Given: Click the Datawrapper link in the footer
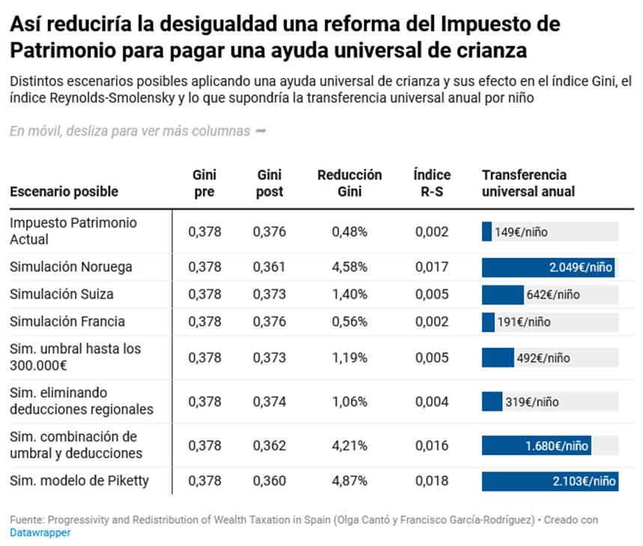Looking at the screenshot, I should pyautogui.click(x=40, y=533).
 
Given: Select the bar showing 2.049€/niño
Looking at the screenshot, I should pyautogui.click(x=548, y=267).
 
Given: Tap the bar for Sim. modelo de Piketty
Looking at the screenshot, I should pyautogui.click(x=549, y=481).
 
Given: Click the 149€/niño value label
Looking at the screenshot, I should pyautogui.click(x=521, y=232).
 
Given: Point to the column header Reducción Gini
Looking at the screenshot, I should pyautogui.click(x=350, y=183).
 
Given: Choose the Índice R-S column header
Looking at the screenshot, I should pyautogui.click(x=432, y=183).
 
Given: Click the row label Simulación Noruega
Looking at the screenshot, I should pyautogui.click(x=71, y=267).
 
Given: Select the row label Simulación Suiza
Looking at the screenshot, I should pyautogui.click(x=61, y=294).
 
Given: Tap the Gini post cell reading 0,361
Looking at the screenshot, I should pyautogui.click(x=269, y=267).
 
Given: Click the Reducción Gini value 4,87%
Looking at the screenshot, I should pyautogui.click(x=350, y=481).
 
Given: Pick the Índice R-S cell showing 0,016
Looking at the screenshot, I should pyautogui.click(x=432, y=446).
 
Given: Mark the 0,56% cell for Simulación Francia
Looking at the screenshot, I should pyautogui.click(x=350, y=322).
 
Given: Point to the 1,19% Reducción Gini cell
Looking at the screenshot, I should pyautogui.click(x=350, y=358).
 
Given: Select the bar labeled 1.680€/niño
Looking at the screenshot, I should pyautogui.click(x=536, y=446).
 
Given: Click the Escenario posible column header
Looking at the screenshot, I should pyautogui.click(x=64, y=192).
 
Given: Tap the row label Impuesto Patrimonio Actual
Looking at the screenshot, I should pyautogui.click(x=73, y=231).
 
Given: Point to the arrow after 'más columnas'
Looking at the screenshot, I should pyautogui.click(x=260, y=131).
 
